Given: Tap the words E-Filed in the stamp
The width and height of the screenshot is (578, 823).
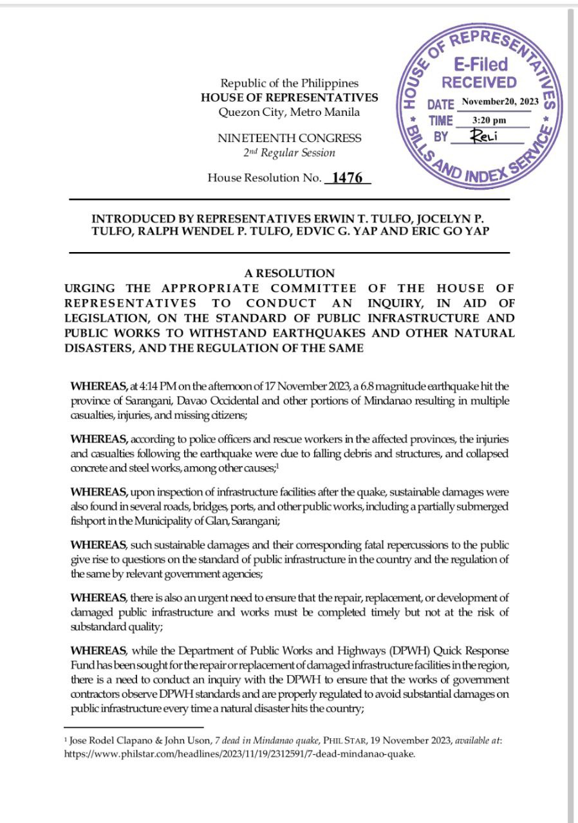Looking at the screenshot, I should [x=481, y=64].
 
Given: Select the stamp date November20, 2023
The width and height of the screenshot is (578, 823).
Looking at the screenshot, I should [x=499, y=102].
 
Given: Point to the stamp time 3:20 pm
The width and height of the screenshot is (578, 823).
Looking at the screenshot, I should [x=489, y=120].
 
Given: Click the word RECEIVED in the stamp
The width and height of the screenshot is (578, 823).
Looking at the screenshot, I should [x=479, y=82].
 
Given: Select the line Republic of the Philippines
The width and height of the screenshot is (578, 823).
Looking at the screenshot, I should [x=290, y=83].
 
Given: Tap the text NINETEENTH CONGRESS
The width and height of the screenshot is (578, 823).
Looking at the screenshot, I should [x=290, y=138].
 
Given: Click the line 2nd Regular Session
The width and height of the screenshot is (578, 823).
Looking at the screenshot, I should [x=289, y=153].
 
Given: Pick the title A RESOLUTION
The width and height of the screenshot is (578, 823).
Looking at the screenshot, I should [x=289, y=273].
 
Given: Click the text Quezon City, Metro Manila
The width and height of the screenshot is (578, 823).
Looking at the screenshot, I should [x=290, y=112].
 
